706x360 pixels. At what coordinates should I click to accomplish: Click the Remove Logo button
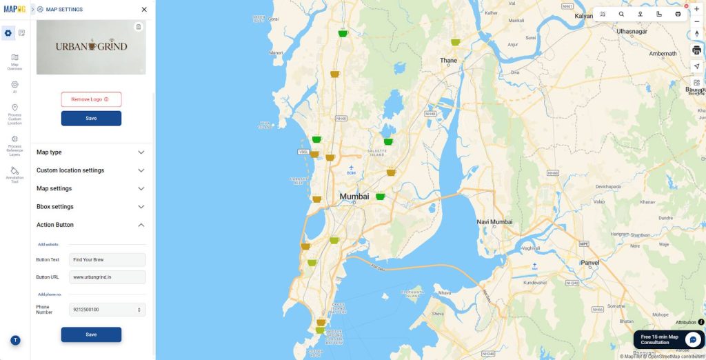point(91,99)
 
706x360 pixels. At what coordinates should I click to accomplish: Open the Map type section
point(90,152)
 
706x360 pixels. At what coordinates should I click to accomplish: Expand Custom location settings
point(90,170)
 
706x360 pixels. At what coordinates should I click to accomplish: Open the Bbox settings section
point(90,207)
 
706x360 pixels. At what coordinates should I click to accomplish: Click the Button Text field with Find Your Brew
point(108,260)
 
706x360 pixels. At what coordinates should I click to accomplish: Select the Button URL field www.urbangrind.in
point(108,277)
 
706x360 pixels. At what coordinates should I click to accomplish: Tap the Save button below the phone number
point(91,334)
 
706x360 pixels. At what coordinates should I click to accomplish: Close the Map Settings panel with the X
point(144,10)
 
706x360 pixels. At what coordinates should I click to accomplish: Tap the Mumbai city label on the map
point(354,197)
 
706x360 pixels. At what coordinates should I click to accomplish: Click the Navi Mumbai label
point(495,222)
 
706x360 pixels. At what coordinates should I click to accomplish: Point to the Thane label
point(448,61)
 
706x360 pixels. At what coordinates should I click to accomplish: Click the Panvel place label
point(591,263)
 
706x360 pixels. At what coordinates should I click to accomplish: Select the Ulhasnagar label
point(632,31)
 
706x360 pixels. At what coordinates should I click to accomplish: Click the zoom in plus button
point(696,9)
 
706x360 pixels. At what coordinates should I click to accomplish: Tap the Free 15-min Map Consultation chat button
point(669,339)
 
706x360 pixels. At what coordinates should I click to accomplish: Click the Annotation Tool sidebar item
point(14,174)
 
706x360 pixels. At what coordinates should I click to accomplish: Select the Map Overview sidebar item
point(14,61)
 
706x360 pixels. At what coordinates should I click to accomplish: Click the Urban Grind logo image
point(91,46)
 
